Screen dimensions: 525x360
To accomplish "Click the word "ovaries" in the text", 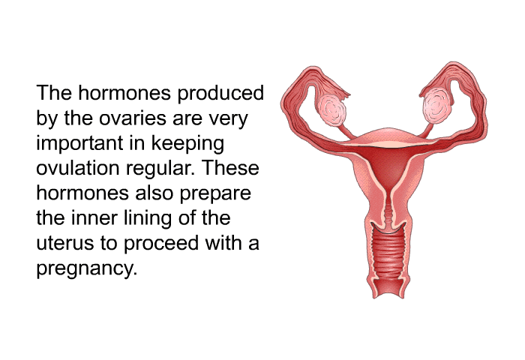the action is point(133,118).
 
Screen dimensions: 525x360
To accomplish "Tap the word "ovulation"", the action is point(78,168).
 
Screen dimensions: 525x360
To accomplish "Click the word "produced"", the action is point(220,93).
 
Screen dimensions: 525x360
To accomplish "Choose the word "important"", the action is point(79,143).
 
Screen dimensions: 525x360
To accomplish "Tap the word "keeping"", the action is point(187,143).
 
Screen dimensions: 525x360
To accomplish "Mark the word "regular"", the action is point(160,169).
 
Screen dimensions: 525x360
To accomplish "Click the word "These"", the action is point(230,168).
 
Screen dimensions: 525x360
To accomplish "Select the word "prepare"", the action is point(215,194).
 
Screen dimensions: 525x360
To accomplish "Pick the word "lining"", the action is point(148,219).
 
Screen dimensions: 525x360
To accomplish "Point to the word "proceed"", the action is point(161,244).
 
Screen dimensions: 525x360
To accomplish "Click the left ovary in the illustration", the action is point(331,110).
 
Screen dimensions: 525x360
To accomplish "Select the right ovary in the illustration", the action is point(437,105).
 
